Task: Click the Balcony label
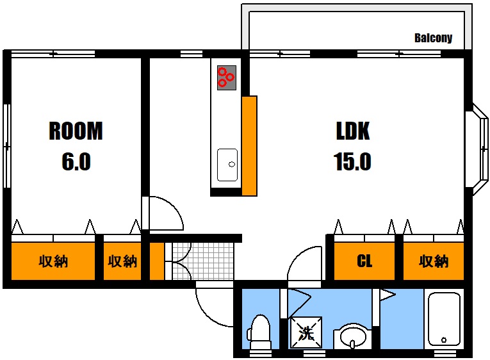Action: (433, 38)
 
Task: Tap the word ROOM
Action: (76, 131)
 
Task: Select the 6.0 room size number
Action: (76, 161)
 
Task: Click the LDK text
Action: (353, 131)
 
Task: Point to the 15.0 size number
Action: (352, 161)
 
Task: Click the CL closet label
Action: (364, 261)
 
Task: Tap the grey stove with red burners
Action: (227, 78)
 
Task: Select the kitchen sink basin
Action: (227, 165)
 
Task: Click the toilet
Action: (259, 332)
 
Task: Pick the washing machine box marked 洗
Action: (306, 332)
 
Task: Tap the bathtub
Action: (444, 319)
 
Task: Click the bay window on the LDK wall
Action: (477, 149)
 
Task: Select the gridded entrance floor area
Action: (202, 261)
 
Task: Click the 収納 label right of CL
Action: (434, 261)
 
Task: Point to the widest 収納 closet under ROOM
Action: (53, 261)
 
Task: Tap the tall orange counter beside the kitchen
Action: (249, 146)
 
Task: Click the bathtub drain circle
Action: (444, 340)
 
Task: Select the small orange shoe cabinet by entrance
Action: (157, 261)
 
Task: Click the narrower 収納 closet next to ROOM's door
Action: (122, 261)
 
